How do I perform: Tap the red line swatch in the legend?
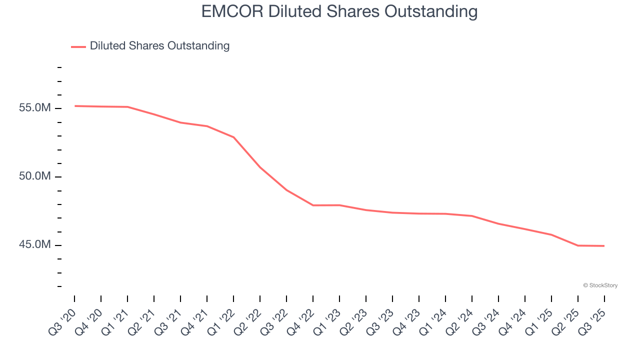[78, 46]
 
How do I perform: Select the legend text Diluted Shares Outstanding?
[159, 46]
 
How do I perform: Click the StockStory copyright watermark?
[600, 285]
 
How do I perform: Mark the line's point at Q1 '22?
[233, 137]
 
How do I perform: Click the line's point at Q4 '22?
[313, 205]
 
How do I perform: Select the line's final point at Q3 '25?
[604, 246]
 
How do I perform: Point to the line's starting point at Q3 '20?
[74, 106]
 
